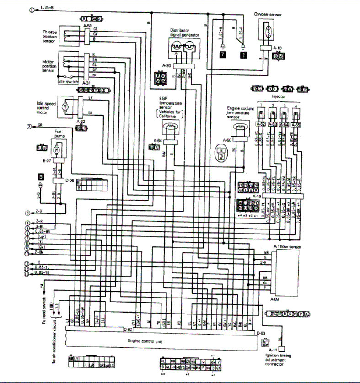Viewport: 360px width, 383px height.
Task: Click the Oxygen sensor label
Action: [269, 14]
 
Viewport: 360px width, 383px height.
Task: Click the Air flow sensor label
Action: [286, 246]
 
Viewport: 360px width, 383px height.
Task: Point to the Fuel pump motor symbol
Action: [57, 149]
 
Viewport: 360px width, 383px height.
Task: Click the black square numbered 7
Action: [222, 54]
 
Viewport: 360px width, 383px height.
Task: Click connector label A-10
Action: [278, 48]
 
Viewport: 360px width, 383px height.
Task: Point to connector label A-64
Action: [158, 141]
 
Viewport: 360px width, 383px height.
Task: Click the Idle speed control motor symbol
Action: [65, 106]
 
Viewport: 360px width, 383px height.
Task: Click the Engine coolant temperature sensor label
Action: [240, 112]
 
